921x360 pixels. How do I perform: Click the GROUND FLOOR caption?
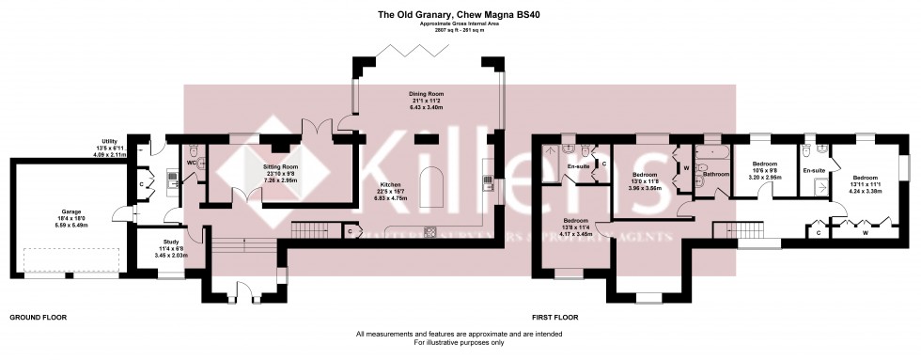tap(39, 318)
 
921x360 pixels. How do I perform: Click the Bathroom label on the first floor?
tap(716, 174)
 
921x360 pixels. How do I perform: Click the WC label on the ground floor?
tap(191, 163)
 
